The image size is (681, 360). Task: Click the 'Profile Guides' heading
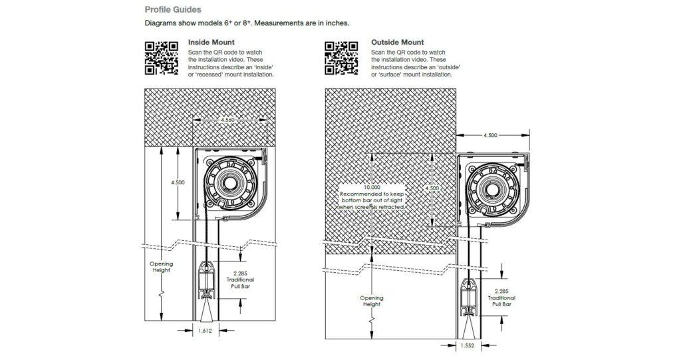coord(173,10)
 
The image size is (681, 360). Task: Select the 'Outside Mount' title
coord(397,43)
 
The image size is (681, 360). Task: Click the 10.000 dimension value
coord(372,188)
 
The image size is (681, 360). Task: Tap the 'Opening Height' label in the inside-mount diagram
coord(160,267)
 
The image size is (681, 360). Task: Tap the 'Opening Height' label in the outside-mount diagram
coord(372,301)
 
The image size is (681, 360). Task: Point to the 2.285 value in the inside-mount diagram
coord(240,273)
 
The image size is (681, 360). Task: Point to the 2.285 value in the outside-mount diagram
coord(502,291)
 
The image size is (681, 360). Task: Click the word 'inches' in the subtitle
coord(335,23)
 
